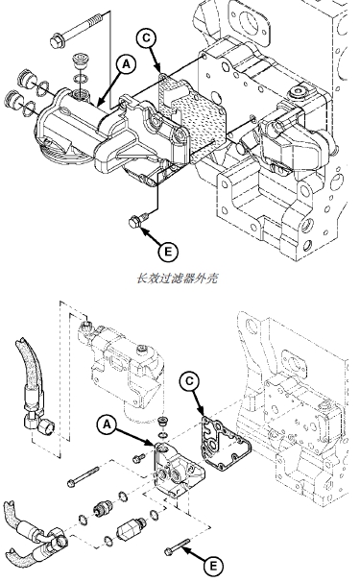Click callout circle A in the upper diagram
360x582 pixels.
point(127,64)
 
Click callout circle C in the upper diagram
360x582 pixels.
point(147,37)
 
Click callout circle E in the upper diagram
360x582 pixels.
point(168,252)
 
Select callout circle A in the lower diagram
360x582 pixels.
point(108,424)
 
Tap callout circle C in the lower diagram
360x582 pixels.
point(189,381)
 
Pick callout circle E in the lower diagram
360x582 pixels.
point(213,567)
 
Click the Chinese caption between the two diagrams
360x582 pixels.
point(177,278)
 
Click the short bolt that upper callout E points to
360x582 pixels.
point(139,219)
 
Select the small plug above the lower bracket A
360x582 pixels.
point(162,422)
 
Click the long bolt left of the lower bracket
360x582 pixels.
point(84,476)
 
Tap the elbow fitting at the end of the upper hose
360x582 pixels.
point(41,424)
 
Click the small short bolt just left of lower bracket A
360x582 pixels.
point(139,458)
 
